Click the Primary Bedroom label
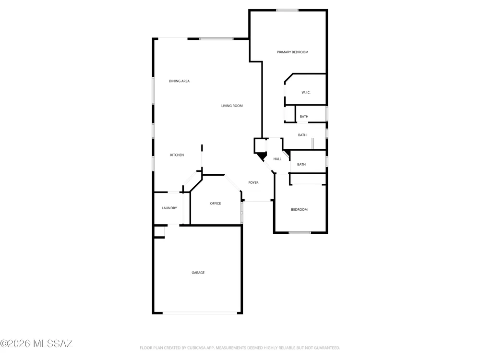[292, 52]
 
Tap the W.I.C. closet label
[306, 93]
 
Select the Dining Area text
[179, 81]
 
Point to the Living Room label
[232, 106]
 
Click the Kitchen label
[177, 155]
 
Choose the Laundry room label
[169, 208]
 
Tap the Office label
[216, 204]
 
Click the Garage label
[198, 273]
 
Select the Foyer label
[253, 183]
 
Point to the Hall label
[277, 159]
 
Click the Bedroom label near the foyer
[299, 210]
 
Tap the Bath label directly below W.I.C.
[304, 117]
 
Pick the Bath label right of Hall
[301, 165]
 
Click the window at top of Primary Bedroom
[287, 11]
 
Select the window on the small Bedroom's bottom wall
[300, 233]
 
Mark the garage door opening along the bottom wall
[200, 313]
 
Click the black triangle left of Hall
[261, 156]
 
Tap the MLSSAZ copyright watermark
[36, 344]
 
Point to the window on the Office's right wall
[242, 212]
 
